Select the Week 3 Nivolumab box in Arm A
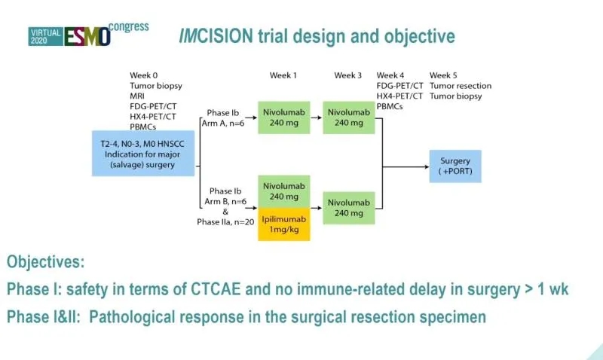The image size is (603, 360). (x=348, y=117)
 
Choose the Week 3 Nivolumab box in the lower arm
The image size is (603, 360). (x=348, y=208)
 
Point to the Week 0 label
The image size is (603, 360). (x=144, y=75)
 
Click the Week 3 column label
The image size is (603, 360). (x=348, y=75)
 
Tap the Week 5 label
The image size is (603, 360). (x=443, y=75)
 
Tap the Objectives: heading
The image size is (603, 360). (x=45, y=262)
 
